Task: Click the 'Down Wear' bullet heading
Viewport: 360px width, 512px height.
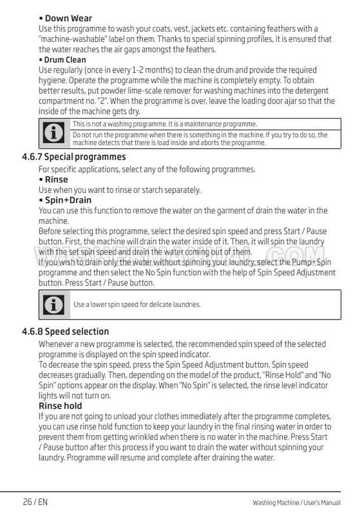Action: coord(65,18)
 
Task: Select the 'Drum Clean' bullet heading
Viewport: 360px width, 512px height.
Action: coord(62,59)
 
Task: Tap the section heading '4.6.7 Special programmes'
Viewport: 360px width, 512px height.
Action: coord(73,157)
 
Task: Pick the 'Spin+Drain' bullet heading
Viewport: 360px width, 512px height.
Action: coord(65,200)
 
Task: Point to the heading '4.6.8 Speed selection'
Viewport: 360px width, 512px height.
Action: coord(65,332)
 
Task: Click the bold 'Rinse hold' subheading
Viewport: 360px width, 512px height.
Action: coord(60,406)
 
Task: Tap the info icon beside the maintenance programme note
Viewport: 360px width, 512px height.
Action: coord(54,133)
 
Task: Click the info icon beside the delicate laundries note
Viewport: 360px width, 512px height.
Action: coord(54,305)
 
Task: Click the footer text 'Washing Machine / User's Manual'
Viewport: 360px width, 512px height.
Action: coord(296,503)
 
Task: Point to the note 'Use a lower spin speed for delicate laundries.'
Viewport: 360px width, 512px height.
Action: coord(137,305)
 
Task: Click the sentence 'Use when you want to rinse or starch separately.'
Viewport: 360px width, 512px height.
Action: coord(120,190)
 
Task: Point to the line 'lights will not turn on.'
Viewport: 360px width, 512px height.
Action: coord(74,396)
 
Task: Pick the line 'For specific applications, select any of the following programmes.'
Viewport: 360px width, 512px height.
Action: coord(147,170)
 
